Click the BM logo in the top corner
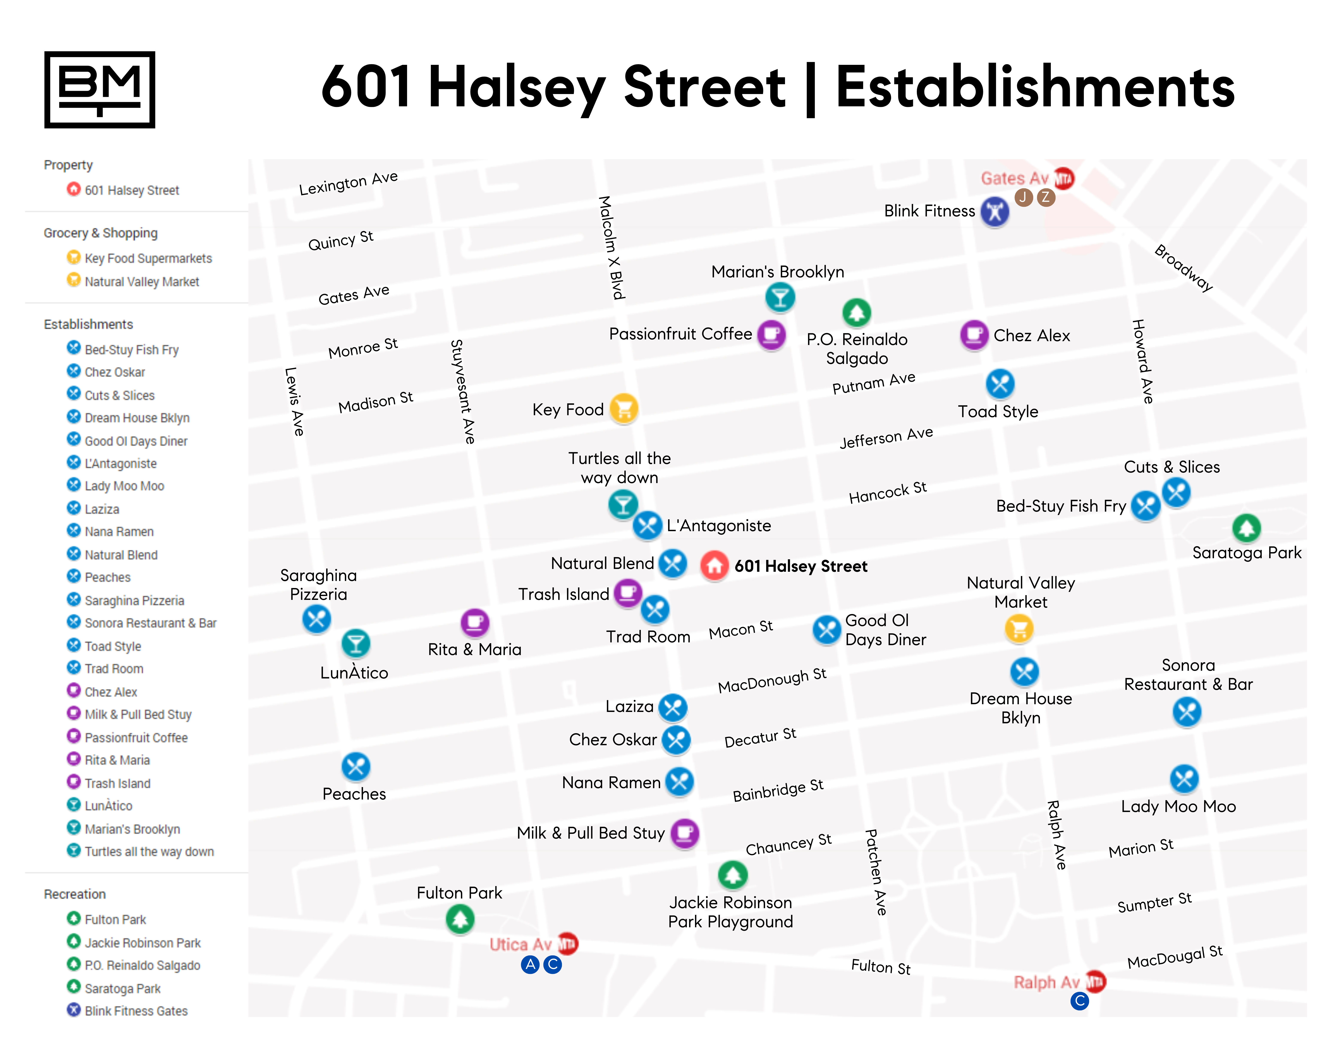[x=100, y=90]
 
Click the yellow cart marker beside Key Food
[x=624, y=409]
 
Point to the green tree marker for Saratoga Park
[x=1246, y=528]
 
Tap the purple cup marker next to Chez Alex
[x=974, y=335]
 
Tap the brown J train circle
[x=1023, y=197]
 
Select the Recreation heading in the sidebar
[x=74, y=894]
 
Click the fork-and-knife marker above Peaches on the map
[x=355, y=766]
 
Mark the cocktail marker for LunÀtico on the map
[x=355, y=643]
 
